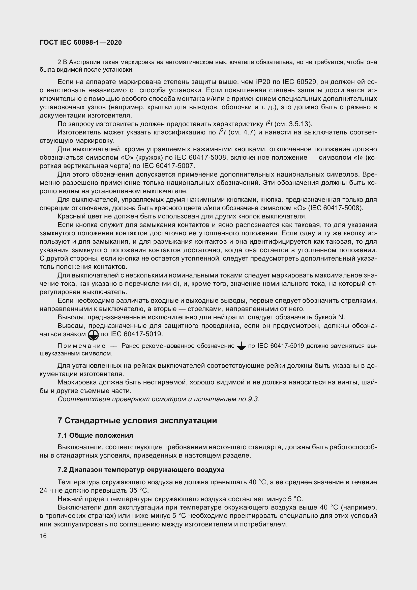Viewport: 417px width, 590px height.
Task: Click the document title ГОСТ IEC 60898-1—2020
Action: click(81, 43)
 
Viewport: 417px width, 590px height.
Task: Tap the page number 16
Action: click(43, 536)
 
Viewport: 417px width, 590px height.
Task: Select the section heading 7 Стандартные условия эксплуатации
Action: click(137, 421)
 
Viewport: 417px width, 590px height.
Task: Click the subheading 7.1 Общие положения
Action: click(95, 435)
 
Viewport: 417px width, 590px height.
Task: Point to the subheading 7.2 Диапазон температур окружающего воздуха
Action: click(141, 470)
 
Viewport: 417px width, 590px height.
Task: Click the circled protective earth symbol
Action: click(93, 335)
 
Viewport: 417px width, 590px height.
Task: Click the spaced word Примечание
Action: click(81, 346)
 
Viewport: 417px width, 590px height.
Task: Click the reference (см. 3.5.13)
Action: click(293, 124)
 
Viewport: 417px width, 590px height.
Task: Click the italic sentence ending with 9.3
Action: click(158, 399)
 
